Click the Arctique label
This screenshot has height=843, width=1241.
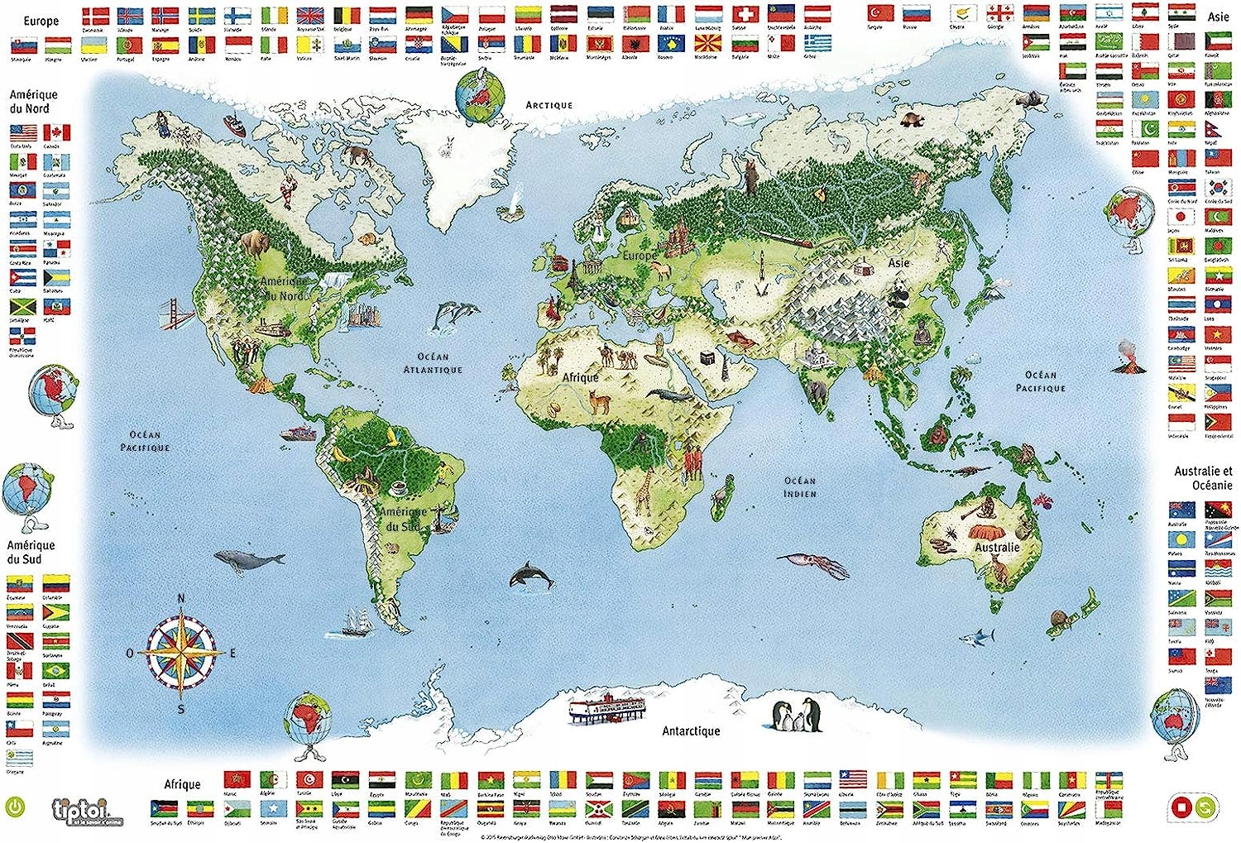549,105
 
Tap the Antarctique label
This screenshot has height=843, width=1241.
691,731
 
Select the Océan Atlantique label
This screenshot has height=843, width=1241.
433,363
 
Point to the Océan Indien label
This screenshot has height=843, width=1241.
800,486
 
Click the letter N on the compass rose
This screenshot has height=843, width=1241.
182,599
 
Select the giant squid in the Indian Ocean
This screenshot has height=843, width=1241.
814,564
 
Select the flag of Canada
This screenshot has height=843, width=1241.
56,133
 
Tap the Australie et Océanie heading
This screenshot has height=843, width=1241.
1203,477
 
